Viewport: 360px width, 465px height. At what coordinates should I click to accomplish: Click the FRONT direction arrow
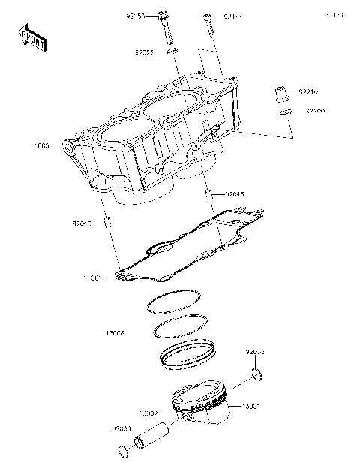[x=31, y=37]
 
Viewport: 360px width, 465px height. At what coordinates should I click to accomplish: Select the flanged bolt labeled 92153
[x=166, y=27]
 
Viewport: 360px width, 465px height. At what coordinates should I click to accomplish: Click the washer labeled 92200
[x=283, y=112]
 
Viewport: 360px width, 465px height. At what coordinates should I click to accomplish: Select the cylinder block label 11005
[x=37, y=148]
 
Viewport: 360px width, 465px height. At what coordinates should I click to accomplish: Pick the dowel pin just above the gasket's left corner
[x=108, y=222]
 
